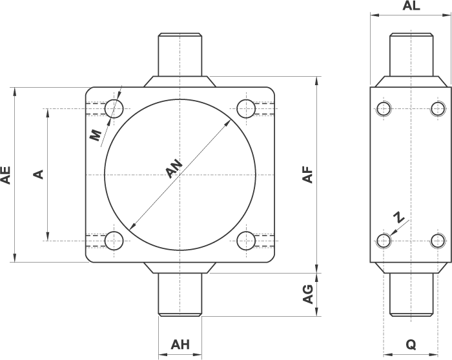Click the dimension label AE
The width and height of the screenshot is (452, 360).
point(6,175)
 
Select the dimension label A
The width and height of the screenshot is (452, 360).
point(38,174)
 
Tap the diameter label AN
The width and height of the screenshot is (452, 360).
point(174,169)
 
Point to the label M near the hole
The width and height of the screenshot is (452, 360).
point(95,135)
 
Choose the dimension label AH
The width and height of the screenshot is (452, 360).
point(180,345)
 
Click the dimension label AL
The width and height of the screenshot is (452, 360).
point(411,6)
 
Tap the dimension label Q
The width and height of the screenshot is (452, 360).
point(411,345)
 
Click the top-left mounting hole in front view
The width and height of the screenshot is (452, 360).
point(115,107)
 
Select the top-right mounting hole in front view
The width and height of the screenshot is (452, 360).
point(246,107)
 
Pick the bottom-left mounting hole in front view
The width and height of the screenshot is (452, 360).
point(115,241)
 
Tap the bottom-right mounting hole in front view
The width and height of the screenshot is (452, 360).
point(246,241)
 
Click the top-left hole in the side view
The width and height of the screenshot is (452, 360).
point(384,108)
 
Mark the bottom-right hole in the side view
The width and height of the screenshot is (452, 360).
point(438,241)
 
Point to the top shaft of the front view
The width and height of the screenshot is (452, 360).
point(180,55)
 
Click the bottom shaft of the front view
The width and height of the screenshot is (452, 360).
point(180,294)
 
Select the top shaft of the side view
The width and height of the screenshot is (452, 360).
point(411,55)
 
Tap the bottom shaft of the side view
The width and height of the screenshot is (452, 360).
point(411,294)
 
